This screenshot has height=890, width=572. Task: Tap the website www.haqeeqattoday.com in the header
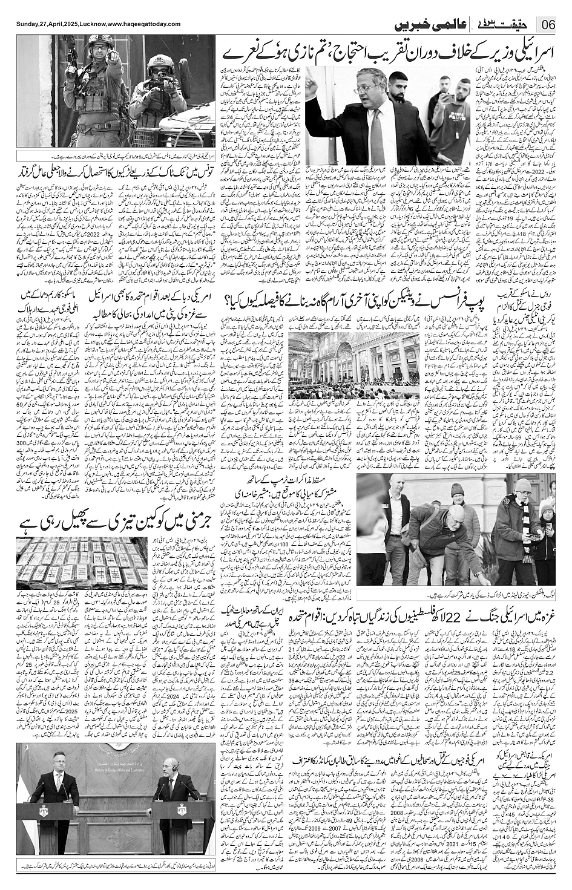pos(144,24)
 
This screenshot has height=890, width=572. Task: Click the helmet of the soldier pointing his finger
pos(96,44)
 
